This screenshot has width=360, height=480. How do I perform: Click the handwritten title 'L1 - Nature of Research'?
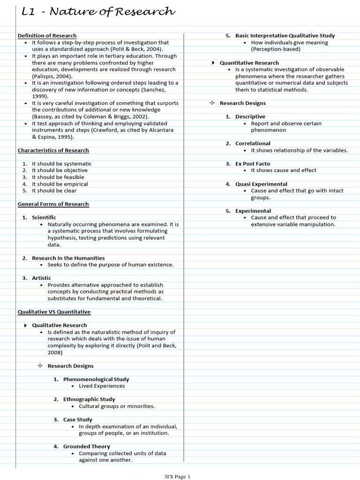pyautogui.click(x=98, y=12)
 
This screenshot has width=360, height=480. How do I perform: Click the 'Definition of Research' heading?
pyautogui.click(x=47, y=36)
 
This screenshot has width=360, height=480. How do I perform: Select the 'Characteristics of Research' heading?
pyautogui.click(x=53, y=150)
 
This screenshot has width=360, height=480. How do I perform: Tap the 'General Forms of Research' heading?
pyautogui.click(x=53, y=204)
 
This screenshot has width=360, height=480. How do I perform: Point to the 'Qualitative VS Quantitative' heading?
pyautogui.click(x=54, y=312)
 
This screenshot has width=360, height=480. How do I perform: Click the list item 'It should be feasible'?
pyautogui.click(x=58, y=177)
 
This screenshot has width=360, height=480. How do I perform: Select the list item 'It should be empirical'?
pyautogui.click(x=60, y=184)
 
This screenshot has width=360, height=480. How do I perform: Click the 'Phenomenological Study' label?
pyautogui.click(x=96, y=379)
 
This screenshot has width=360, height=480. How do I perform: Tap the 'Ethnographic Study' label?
pyautogui.click(x=89, y=399)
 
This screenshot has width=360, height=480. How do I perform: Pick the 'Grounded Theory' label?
pyautogui.click(x=87, y=447)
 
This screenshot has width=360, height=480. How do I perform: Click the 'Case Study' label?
pyautogui.click(x=78, y=420)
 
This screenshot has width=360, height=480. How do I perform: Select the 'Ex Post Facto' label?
pyautogui.click(x=253, y=164)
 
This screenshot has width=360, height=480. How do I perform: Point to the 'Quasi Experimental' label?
pyautogui.click(x=261, y=184)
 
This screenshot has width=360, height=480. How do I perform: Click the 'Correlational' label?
pyautogui.click(x=253, y=143)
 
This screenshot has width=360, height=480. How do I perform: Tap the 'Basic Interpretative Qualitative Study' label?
pyautogui.click(x=285, y=36)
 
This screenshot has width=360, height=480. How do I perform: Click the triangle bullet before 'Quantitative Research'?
pyautogui.click(x=213, y=63)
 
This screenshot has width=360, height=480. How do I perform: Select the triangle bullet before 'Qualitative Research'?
pyautogui.click(x=25, y=325)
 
